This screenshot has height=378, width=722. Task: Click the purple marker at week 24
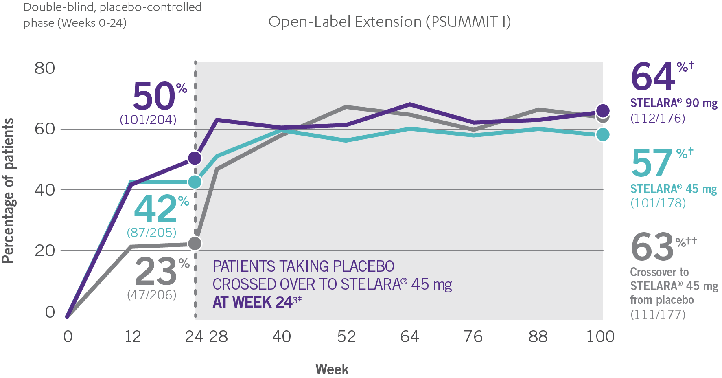tap(195, 158)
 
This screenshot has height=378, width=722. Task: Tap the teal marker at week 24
tap(195, 182)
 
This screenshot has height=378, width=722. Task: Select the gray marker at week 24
tap(195, 243)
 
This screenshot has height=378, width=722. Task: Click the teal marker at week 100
tap(603, 134)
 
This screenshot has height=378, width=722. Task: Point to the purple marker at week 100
tap(603, 110)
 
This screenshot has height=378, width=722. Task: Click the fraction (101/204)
tap(148, 120)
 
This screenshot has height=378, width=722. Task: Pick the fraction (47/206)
tap(152, 294)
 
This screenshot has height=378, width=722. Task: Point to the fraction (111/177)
tap(658, 314)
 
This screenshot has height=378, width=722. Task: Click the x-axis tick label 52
tap(346, 337)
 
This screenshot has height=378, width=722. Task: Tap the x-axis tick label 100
tap(600, 337)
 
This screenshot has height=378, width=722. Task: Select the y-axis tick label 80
tap(44, 68)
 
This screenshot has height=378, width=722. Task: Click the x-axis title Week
tap(332, 369)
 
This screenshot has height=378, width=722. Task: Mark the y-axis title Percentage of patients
tap(8, 191)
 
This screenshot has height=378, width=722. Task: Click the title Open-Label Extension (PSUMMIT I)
tap(389, 22)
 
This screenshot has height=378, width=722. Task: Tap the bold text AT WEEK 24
tap(252, 302)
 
